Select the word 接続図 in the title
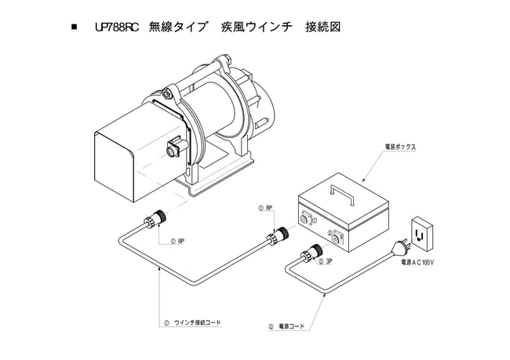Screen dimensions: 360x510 (x=321, y=27)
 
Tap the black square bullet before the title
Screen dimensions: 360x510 (x=75, y=28)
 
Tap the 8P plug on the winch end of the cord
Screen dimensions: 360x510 (x=155, y=222)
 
